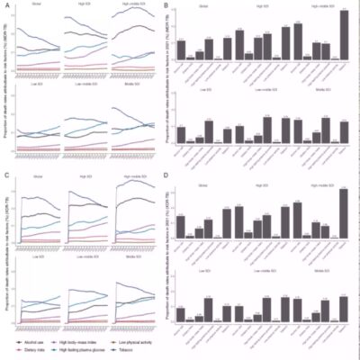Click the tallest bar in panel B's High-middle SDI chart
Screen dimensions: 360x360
pos(344,36)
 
